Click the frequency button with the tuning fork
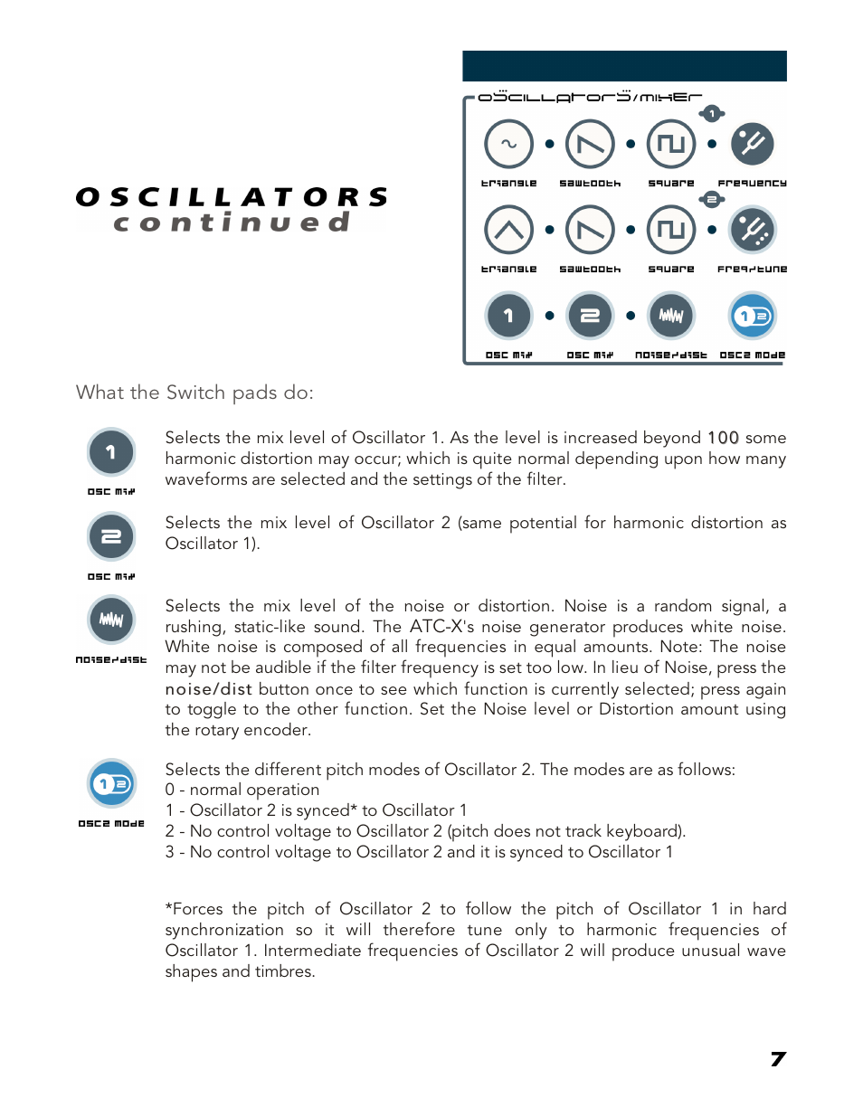pos(752,144)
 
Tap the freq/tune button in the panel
pos(752,230)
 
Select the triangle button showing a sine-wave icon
pos(508,144)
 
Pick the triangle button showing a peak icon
pos(508,230)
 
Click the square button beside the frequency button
pos(671,144)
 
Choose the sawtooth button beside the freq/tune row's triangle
pos(590,230)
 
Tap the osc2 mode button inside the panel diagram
pos(752,316)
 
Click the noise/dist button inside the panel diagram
pos(671,316)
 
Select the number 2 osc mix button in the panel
pos(590,316)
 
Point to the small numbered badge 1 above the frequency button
pos(712,113)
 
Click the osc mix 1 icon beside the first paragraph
pos(111,451)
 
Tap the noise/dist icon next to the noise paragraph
pos(111,620)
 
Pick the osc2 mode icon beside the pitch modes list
pos(111,783)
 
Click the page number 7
pos(778,1059)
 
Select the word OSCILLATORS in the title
pos(232,197)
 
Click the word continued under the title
pos(232,222)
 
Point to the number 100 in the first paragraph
pos(723,438)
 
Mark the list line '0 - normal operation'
pos(242,790)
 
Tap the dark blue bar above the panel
pos(624,66)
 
